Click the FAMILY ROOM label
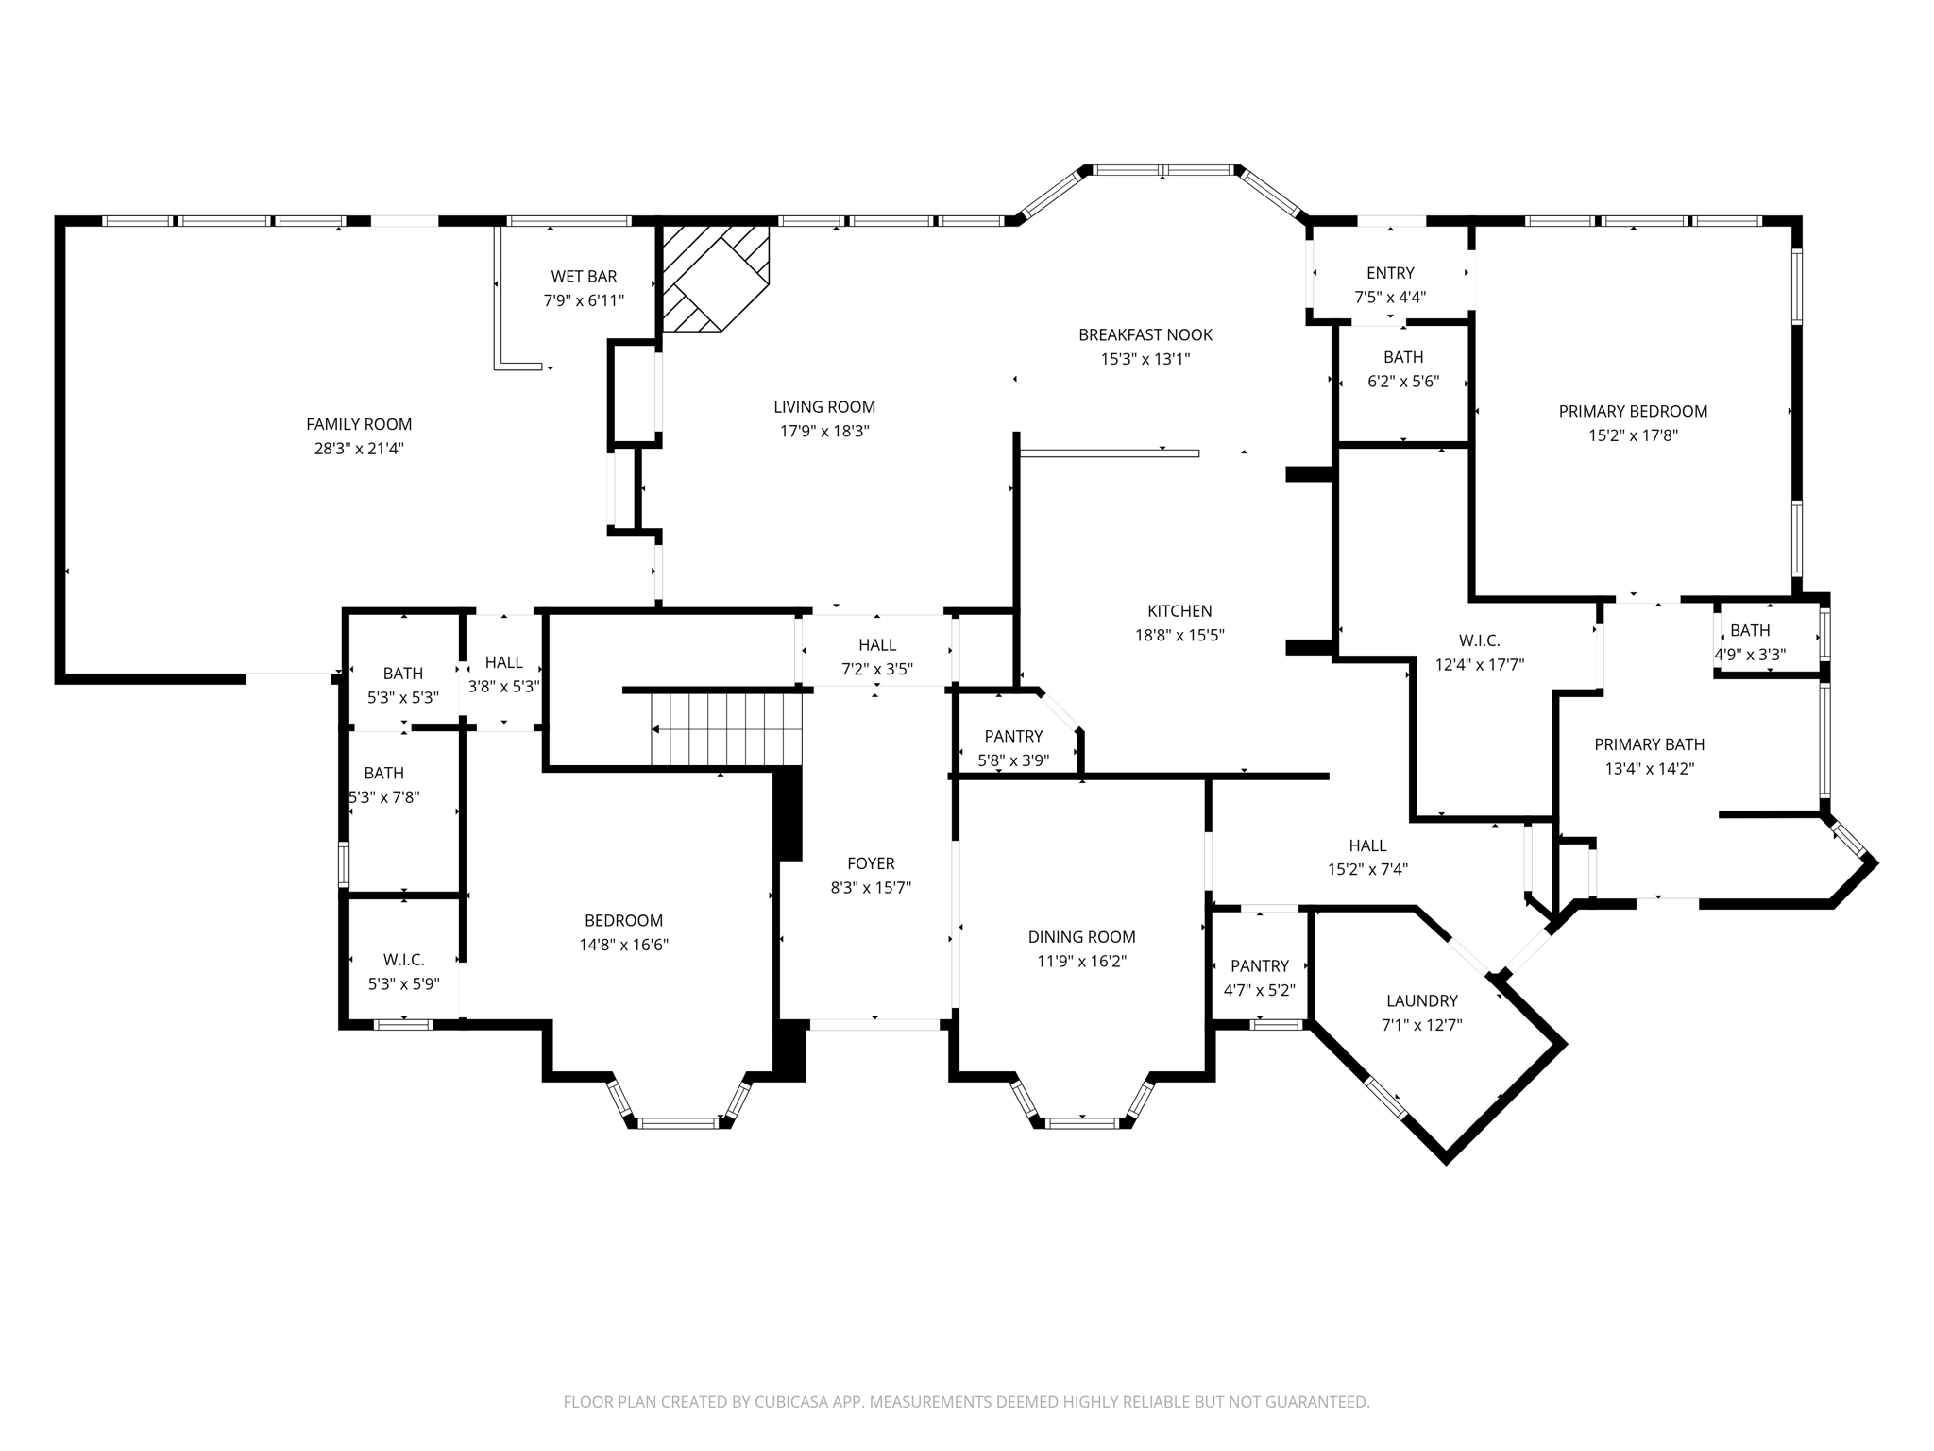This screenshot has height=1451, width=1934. (x=359, y=425)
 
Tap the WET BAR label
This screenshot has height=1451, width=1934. (x=584, y=277)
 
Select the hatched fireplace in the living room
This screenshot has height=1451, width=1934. (x=715, y=279)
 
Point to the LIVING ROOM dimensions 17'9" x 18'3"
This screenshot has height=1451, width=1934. (x=824, y=432)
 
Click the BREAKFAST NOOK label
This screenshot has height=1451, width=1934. (x=1145, y=335)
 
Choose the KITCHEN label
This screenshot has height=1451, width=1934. (x=1179, y=611)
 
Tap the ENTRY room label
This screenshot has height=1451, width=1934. (x=1390, y=273)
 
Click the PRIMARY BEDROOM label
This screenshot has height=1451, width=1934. (x=1633, y=412)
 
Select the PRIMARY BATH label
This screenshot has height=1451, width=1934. (x=1650, y=744)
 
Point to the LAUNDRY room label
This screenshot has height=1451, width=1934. (x=1422, y=1001)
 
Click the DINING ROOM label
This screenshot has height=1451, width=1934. (x=1081, y=937)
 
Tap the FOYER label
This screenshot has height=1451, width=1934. (x=871, y=863)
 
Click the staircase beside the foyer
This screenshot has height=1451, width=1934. (x=726, y=729)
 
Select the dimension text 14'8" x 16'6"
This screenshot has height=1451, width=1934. (x=624, y=945)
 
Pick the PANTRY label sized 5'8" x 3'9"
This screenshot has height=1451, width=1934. (x=1013, y=737)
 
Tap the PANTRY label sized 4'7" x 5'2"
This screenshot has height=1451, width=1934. (x=1260, y=966)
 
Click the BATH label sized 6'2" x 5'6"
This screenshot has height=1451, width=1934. (x=1403, y=357)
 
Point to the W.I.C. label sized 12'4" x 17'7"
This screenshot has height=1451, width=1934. (x=1479, y=640)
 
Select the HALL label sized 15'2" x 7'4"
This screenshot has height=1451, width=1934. (x=1367, y=845)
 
